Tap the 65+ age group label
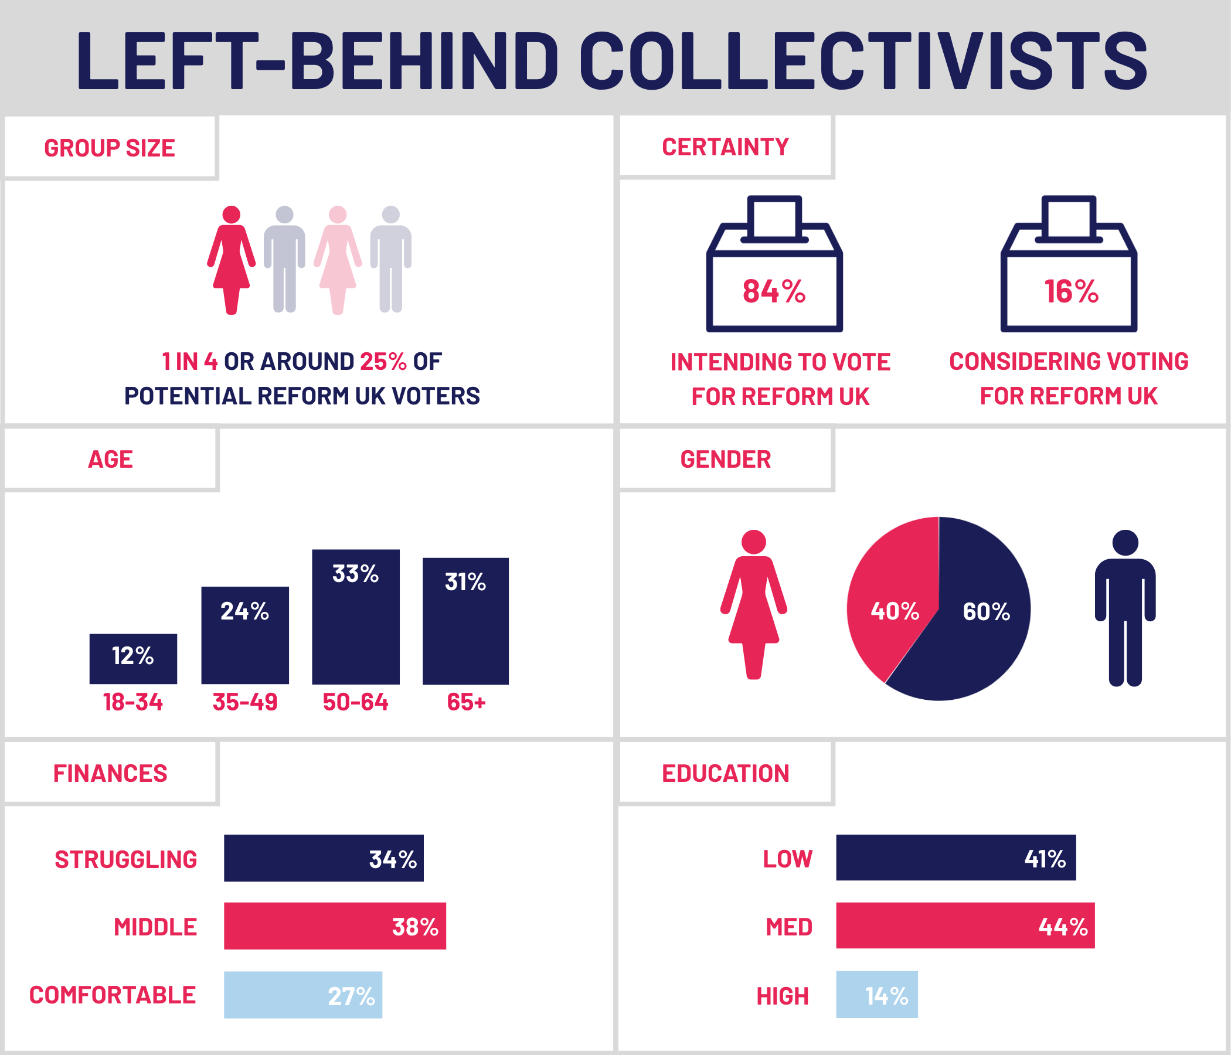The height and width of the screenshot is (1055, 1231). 467,702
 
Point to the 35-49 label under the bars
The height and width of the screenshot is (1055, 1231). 245,702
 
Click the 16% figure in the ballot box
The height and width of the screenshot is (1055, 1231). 1071,292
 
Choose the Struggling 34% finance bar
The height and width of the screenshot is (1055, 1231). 323,858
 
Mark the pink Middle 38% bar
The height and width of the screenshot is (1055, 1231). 335,925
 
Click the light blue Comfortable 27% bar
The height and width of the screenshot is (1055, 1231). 303,995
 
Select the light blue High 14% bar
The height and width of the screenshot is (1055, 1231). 876,995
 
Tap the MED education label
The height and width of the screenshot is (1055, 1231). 788,927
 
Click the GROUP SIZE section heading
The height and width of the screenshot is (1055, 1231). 110,148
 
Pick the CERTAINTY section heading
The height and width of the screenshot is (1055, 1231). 726,147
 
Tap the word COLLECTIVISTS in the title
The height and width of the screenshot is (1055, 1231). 863,61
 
